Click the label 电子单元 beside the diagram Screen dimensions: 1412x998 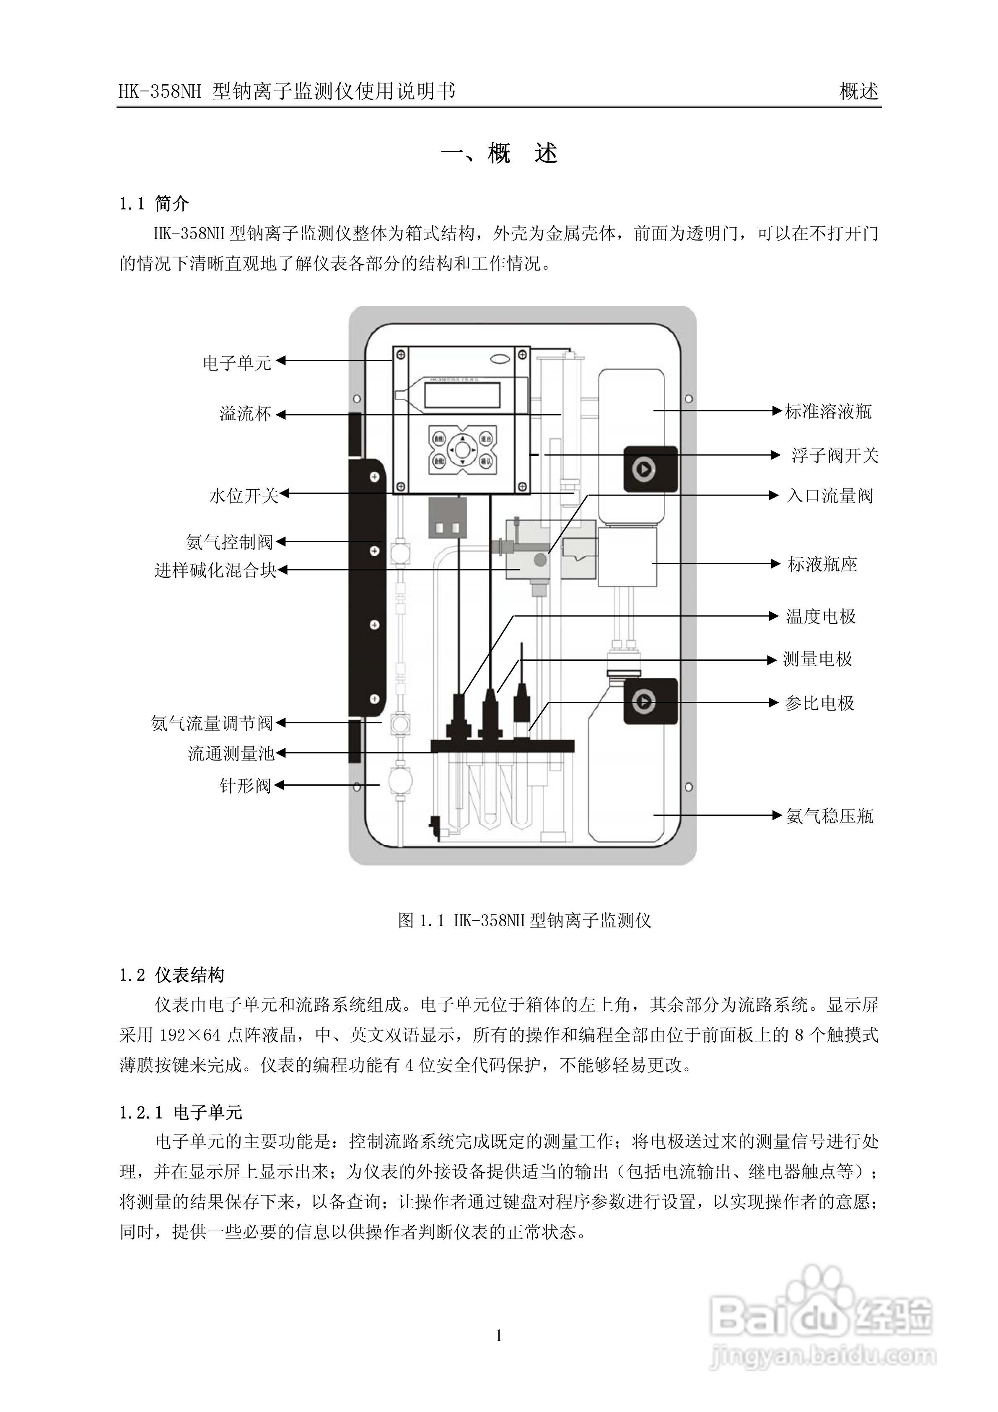pyautogui.click(x=237, y=363)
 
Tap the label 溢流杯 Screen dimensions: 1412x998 pyautogui.click(x=245, y=414)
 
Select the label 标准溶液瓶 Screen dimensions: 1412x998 pyautogui.click(x=828, y=411)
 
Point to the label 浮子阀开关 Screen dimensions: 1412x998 pyautogui.click(x=835, y=456)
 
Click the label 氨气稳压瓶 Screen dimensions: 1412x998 pyautogui.click(x=830, y=816)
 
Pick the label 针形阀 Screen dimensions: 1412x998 pyautogui.click(x=245, y=785)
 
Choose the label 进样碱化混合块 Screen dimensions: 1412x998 pyautogui.click(x=215, y=571)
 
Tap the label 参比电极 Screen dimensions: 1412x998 pyautogui.click(x=819, y=703)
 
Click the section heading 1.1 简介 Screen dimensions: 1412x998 pyautogui.click(x=154, y=204)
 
